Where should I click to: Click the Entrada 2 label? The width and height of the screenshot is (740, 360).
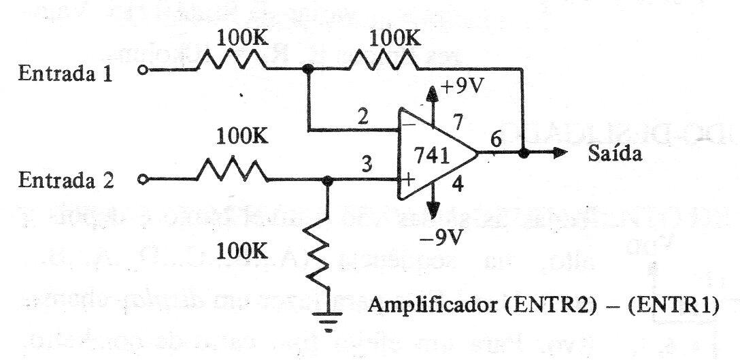[66, 182]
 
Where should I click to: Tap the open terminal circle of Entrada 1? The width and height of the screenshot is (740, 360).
[141, 70]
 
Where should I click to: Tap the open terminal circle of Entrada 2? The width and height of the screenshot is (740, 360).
[141, 181]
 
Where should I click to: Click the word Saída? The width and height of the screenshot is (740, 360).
[614, 154]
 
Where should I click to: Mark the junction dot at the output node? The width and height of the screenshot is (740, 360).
[522, 154]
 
